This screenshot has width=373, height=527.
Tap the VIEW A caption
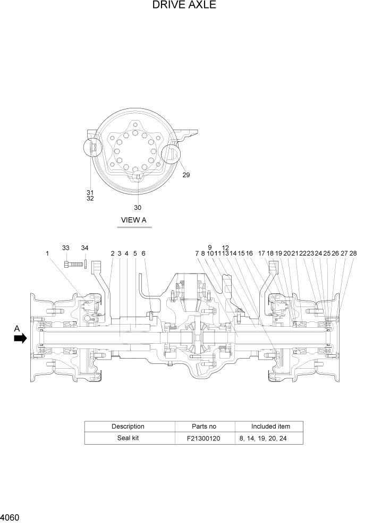(x=134, y=220)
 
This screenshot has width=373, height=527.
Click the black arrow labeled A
(x=20, y=338)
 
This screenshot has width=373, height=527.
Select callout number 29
(x=186, y=175)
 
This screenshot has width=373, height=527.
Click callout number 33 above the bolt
(x=65, y=248)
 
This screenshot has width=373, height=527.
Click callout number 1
(x=47, y=254)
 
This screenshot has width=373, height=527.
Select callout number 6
(x=143, y=254)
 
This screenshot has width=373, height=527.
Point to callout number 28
(x=353, y=254)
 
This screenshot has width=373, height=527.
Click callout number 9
(x=210, y=248)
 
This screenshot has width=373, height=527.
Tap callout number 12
(x=225, y=248)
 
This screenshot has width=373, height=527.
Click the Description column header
(x=128, y=426)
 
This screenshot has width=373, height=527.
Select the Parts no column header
(x=204, y=426)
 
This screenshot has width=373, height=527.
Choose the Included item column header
(x=270, y=426)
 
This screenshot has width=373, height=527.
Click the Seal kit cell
(x=128, y=438)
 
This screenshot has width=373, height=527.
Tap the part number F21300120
(x=204, y=438)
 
